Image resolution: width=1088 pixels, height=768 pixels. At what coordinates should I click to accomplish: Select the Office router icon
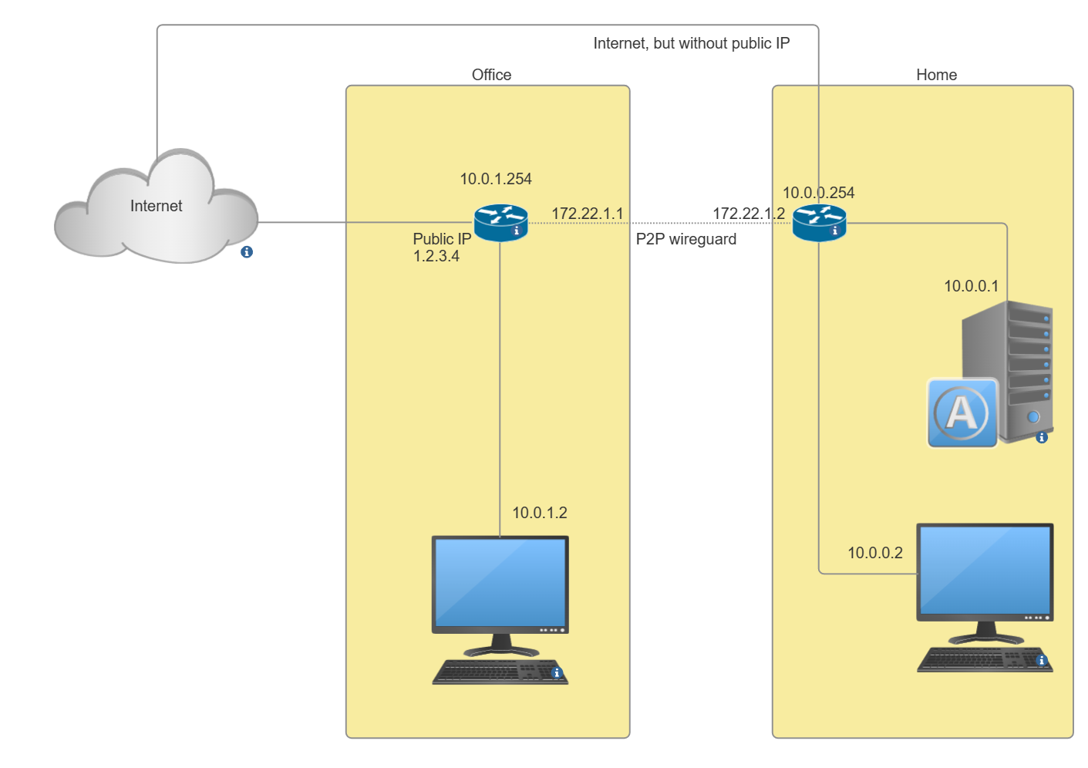coord(500,223)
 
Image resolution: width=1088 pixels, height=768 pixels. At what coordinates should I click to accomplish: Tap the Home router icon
coord(819,223)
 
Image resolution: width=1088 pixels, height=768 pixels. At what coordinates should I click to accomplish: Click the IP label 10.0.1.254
coord(496,179)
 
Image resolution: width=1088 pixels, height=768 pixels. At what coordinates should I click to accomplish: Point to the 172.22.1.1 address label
coord(587,214)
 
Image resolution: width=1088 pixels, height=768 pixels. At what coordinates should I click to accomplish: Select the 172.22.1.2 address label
coord(748,214)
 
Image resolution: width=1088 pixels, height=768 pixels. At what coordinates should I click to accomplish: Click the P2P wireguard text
coord(685,239)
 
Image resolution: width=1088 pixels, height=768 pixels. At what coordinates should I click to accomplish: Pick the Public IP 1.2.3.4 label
coord(441,248)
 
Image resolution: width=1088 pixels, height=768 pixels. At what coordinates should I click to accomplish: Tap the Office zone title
coord(491,75)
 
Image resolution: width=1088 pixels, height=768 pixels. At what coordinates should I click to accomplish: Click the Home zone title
coord(936,75)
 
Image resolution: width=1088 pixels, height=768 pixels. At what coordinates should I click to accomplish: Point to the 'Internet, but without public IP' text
coord(691,43)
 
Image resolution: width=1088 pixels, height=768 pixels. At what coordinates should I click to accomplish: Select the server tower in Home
coord(1010,362)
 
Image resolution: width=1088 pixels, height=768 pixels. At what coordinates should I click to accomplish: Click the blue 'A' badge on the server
coord(962,413)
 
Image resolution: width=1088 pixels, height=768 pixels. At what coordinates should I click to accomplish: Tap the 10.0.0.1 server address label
coord(971,286)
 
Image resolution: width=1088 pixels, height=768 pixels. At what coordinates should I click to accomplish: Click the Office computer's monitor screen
coord(500,582)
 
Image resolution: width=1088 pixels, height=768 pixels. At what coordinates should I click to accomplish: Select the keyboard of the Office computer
coord(497,672)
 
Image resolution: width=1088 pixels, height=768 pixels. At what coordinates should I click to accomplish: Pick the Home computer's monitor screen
coord(985,570)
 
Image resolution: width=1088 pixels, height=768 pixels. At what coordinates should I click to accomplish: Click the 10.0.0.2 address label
coord(874,553)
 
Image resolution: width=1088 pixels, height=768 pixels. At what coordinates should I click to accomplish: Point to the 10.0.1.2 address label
coord(539,513)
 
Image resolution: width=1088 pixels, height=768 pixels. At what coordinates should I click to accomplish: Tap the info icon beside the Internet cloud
coord(247,252)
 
